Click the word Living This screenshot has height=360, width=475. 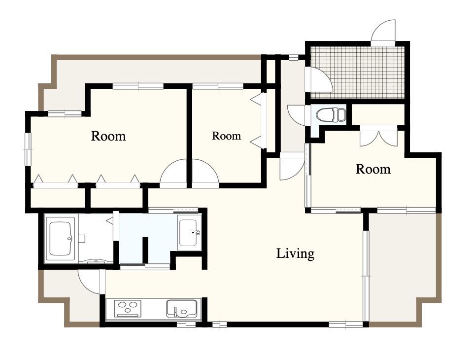click(x=295, y=253)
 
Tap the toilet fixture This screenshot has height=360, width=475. click(x=331, y=115)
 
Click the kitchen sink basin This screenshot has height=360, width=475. click(x=181, y=309)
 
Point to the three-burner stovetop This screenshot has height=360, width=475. click(x=127, y=308)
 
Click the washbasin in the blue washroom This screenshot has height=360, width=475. click(x=189, y=233)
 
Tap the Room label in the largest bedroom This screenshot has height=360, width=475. click(x=108, y=136)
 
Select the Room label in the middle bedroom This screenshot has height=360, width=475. click(x=226, y=136)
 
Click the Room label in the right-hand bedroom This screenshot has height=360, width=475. click(x=373, y=169)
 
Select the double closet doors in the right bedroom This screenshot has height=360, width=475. click(x=378, y=139)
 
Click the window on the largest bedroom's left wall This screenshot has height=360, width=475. click(x=28, y=149)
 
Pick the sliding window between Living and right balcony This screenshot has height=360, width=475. click(x=366, y=276)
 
